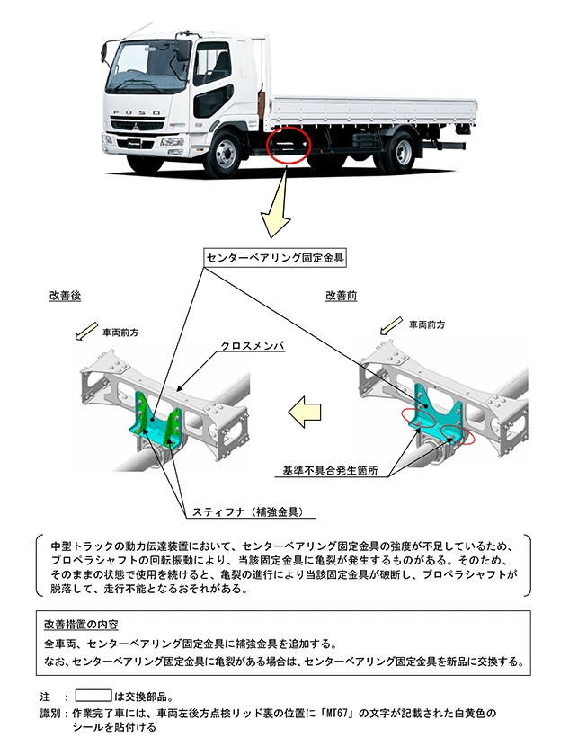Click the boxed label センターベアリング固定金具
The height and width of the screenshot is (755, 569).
[x=275, y=257]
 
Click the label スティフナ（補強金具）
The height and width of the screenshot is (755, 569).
[x=245, y=511]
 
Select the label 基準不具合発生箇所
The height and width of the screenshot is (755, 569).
[x=330, y=470]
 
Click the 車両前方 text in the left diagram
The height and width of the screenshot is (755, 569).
[x=120, y=332]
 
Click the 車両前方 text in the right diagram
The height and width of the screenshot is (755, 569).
[x=426, y=324]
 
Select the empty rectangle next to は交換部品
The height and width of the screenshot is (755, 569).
[x=93, y=696]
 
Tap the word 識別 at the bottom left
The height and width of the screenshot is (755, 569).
[x=50, y=712]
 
